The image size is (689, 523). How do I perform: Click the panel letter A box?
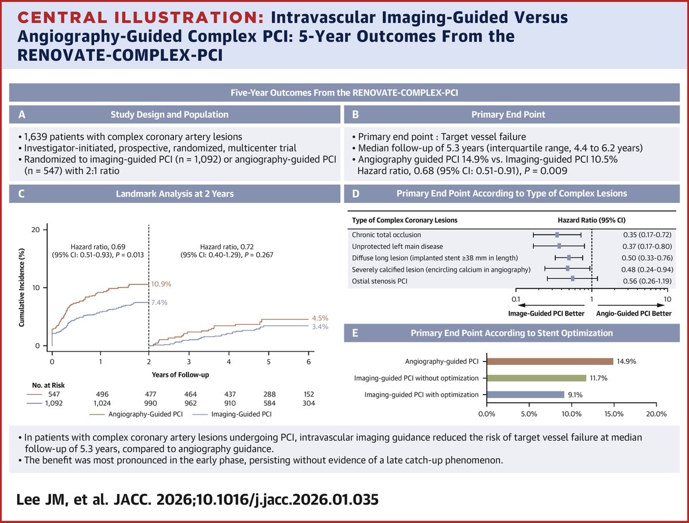pyautogui.click(x=22, y=114)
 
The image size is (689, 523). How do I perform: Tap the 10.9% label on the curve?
pyautogui.click(x=162, y=284)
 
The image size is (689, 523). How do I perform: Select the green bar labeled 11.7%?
pyautogui.click(x=536, y=378)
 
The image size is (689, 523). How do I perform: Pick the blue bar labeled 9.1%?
pyautogui.click(x=525, y=395)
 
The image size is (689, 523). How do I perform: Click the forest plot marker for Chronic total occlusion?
pyautogui.click(x=557, y=235)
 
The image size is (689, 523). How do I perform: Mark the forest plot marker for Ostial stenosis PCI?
pyautogui.click(x=572, y=278)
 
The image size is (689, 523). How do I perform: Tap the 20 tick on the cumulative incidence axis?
pyautogui.click(x=36, y=229)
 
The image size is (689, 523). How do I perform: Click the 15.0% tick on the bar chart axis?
pyautogui.click(x=614, y=414)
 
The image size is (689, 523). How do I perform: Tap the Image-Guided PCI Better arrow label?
pyautogui.click(x=546, y=314)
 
